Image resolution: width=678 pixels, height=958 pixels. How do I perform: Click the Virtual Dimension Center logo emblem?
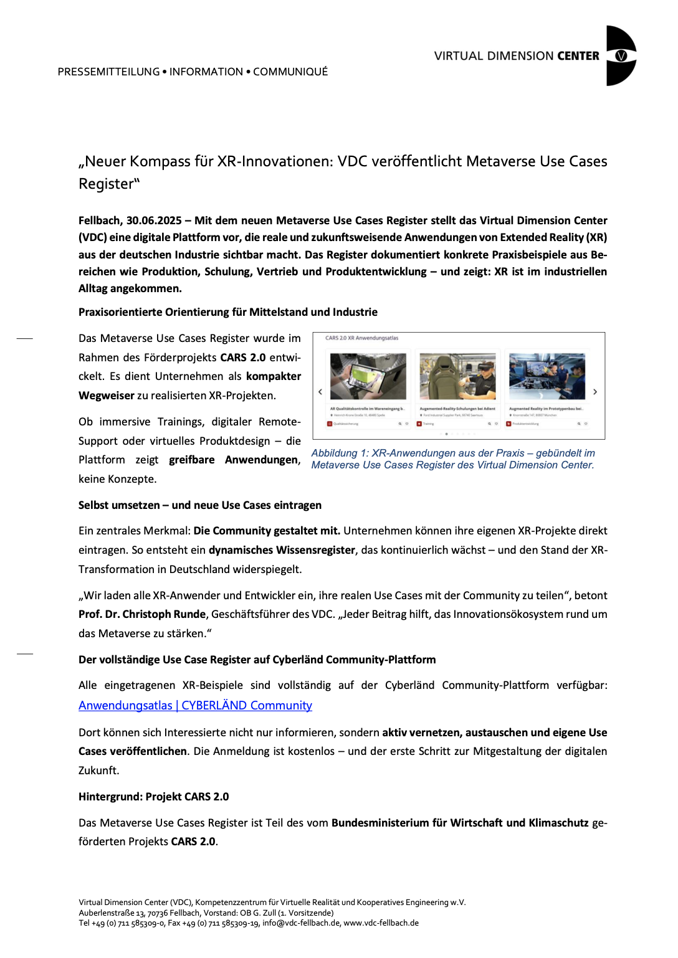tap(621, 55)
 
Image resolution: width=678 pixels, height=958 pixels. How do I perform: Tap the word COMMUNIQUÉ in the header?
tap(290, 72)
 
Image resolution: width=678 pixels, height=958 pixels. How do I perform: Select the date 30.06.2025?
tap(154, 221)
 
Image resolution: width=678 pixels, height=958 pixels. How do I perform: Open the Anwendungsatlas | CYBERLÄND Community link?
tap(195, 706)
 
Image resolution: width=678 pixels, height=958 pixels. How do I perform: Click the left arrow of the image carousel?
tap(320, 392)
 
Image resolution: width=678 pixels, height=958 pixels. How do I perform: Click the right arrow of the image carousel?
tap(595, 392)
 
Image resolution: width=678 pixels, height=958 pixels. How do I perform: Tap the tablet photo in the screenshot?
tap(368, 376)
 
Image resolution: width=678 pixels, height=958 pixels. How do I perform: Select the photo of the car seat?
tap(457, 376)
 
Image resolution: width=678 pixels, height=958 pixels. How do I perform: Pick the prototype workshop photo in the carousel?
tap(547, 376)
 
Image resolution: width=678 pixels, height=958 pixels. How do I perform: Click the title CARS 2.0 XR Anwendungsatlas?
tap(361, 338)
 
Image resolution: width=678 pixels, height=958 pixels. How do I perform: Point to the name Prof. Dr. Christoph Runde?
tap(142, 614)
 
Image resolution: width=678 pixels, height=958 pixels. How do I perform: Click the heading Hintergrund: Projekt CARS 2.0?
tap(153, 797)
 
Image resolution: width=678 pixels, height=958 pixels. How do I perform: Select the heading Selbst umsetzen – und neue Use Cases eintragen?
tap(200, 505)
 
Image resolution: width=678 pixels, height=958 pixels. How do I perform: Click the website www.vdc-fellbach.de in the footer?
tap(381, 923)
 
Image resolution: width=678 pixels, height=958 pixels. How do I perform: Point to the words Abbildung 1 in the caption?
tap(340, 453)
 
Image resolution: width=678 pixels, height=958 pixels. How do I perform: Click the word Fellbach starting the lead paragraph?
tap(99, 221)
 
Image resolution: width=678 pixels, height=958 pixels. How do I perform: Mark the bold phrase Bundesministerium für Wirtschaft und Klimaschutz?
tap(460, 823)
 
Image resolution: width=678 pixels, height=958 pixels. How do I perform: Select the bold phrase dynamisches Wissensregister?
tap(282, 550)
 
